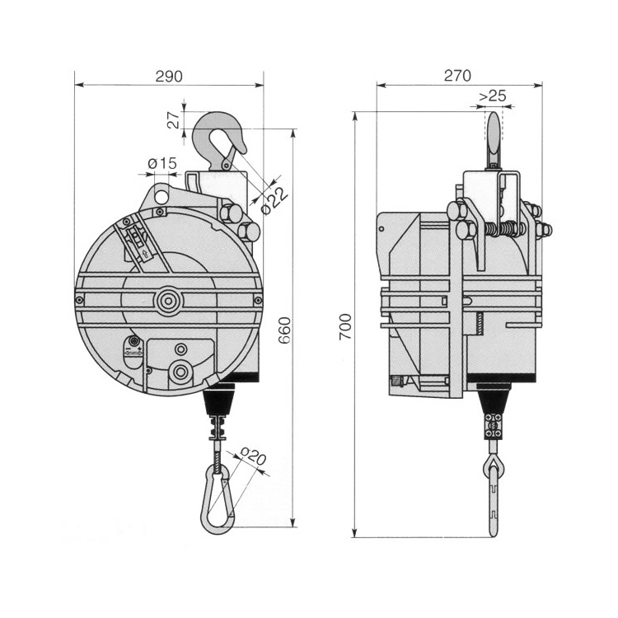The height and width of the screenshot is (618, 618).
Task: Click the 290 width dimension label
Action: click(168, 75)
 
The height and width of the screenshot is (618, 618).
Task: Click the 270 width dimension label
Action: click(457, 75)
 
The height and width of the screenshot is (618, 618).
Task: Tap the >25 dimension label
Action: click(492, 96)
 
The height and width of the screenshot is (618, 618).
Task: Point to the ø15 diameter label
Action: click(162, 164)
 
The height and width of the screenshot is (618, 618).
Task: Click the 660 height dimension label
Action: click(284, 330)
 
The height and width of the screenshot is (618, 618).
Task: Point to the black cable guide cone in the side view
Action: click(493, 401)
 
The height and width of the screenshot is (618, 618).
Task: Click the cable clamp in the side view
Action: click(494, 427)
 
